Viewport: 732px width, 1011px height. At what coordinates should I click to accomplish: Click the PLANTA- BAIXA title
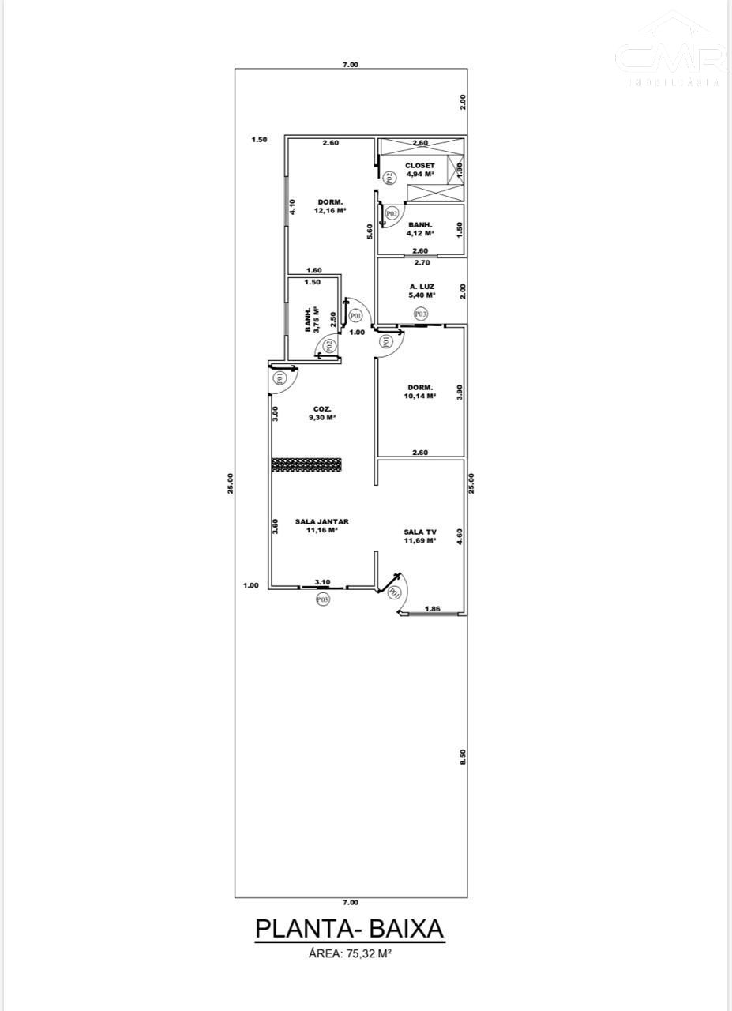[x=350, y=928]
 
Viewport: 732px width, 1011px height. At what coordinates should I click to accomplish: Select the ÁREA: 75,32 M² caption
[x=350, y=953]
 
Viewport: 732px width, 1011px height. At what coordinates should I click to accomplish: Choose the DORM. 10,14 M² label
[x=420, y=392]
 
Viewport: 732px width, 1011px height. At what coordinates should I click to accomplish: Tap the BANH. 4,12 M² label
[x=420, y=229]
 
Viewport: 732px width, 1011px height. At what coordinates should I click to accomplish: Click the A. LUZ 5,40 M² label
[x=420, y=291]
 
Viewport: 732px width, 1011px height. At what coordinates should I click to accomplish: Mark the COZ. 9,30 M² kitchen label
[x=322, y=413]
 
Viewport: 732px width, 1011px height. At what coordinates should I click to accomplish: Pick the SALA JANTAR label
[x=322, y=526]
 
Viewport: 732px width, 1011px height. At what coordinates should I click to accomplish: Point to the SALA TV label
[x=420, y=536]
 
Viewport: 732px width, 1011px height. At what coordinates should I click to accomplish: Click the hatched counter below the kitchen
[x=306, y=464]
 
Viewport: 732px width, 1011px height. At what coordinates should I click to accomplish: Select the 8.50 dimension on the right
[x=464, y=756]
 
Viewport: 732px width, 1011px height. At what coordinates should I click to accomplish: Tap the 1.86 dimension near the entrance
[x=432, y=609]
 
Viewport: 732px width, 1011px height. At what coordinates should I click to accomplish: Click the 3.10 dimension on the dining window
[x=322, y=582]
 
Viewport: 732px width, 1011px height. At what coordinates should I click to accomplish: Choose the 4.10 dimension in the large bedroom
[x=291, y=207]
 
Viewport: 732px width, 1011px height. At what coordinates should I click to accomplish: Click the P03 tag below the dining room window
[x=322, y=599]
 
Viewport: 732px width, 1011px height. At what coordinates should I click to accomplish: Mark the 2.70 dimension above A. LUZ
[x=422, y=262]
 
